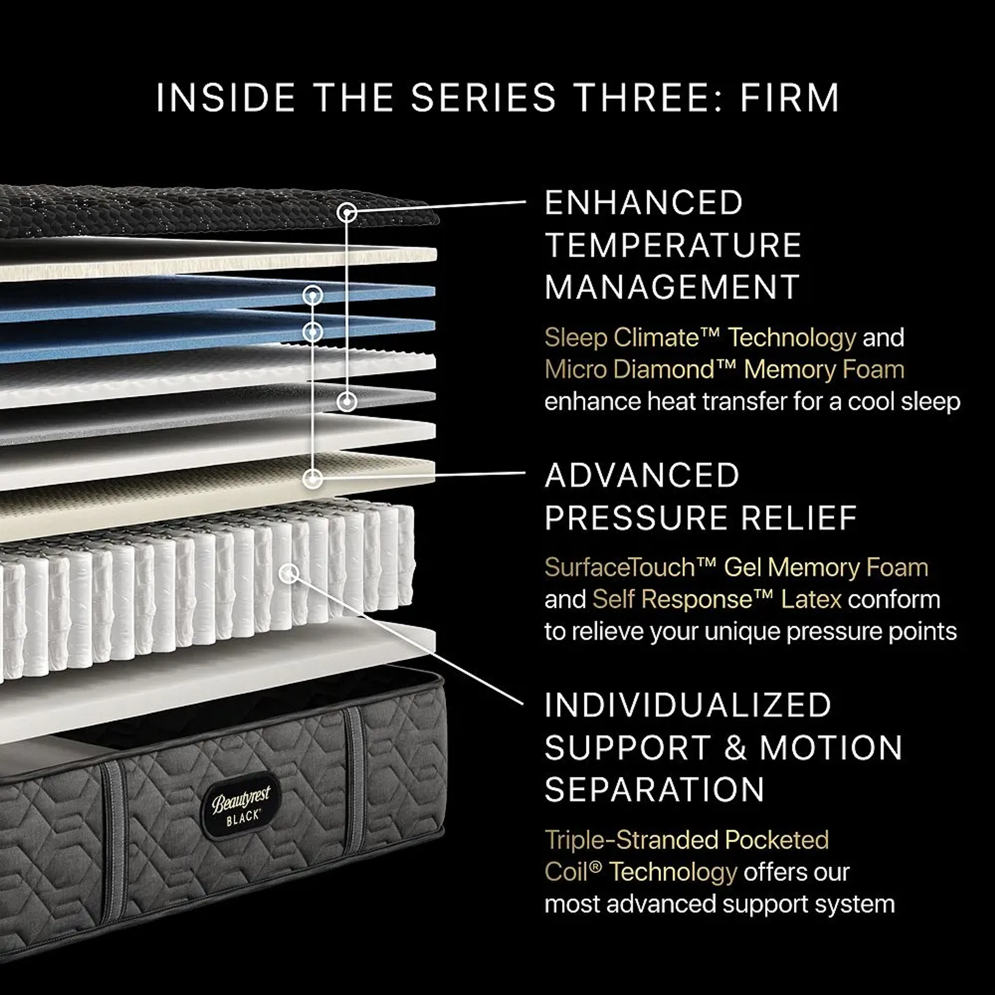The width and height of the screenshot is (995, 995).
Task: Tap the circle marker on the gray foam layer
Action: [347, 401]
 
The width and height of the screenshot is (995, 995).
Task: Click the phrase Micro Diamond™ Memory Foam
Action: [724, 370]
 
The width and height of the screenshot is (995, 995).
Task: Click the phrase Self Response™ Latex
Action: [716, 600]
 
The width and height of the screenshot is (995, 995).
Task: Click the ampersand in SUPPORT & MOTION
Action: [735, 748]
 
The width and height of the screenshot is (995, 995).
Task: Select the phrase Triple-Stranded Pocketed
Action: [686, 840]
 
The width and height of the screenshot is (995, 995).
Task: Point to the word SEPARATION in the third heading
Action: [654, 790]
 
